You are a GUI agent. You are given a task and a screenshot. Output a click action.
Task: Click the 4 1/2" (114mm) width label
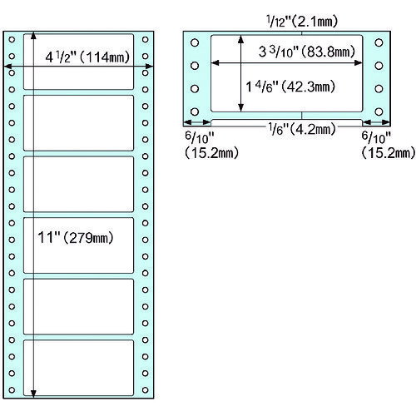87,57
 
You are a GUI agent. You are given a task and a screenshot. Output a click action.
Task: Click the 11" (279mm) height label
76,237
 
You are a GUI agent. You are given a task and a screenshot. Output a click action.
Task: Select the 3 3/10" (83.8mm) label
307,52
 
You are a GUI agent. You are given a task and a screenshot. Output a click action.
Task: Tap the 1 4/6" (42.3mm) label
290,87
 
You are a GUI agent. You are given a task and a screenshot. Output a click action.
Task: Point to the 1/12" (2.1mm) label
302,21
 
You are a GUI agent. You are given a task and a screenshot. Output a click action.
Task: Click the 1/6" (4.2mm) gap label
302,129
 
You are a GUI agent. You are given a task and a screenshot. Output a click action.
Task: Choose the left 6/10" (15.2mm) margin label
211,145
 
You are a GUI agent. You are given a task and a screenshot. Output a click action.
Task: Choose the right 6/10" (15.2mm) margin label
389,145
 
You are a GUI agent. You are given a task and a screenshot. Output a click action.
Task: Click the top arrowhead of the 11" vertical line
33,35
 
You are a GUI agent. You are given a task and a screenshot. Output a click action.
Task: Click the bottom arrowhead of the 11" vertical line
33,394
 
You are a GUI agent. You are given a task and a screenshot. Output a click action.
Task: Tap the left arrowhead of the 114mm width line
7,67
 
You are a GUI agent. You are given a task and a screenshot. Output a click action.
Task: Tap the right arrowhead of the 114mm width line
149,67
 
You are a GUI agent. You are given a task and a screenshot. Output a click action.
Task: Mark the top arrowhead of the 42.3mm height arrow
241,39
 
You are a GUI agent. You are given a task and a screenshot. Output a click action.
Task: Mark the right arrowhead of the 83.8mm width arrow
359,63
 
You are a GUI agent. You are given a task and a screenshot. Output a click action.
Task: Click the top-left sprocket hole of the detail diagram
195,42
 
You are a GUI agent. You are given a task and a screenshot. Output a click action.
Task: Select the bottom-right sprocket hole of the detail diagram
379,111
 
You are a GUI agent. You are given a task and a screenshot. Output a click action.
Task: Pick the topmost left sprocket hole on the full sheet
12,39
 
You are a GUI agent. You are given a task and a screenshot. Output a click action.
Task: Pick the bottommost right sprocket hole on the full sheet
145,390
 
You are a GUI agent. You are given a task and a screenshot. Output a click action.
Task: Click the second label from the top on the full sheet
78,123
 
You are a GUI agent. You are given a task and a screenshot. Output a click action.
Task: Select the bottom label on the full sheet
78,368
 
